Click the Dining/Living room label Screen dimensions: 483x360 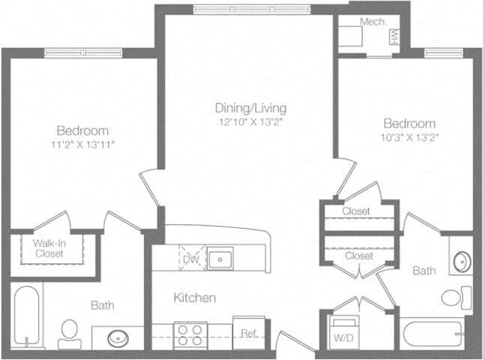[250, 108]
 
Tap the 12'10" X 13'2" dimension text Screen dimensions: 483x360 [250, 122]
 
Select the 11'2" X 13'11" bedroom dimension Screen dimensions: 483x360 [82, 145]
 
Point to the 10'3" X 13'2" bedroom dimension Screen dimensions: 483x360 [409, 137]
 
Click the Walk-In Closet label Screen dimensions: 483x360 [49, 248]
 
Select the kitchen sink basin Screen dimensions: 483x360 [220, 259]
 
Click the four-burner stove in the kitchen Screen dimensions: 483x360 [190, 335]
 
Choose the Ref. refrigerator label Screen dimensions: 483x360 [249, 334]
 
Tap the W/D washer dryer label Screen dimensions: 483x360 [343, 338]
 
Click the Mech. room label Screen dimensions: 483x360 [373, 22]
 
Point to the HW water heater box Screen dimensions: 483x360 [394, 37]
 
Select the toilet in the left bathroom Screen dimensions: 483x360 [70, 334]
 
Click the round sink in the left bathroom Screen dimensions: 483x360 [118, 338]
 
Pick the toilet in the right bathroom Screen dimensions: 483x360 [457, 298]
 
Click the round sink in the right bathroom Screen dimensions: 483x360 [462, 262]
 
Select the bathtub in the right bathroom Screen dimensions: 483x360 [433, 334]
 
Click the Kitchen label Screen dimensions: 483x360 [195, 298]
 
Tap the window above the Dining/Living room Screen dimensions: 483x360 [253, 10]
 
